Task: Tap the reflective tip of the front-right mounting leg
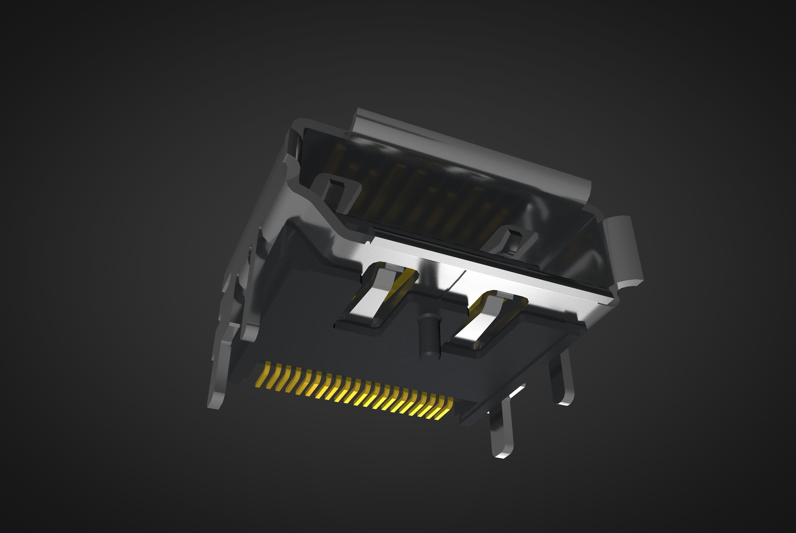503,454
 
